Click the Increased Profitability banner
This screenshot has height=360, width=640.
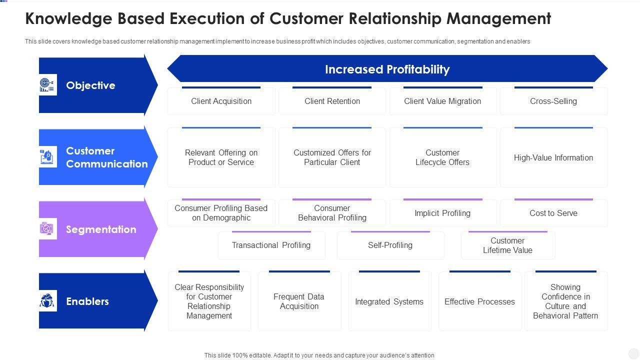[x=387, y=69]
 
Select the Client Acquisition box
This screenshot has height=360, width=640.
[x=221, y=101]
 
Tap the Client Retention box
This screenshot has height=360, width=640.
[x=332, y=101]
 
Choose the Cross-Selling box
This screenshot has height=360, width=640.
[x=553, y=101]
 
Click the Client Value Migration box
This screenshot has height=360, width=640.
[x=442, y=101]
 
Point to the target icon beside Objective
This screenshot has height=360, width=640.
[x=48, y=85]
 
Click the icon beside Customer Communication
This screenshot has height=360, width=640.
[x=48, y=157]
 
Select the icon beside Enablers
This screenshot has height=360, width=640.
[x=48, y=301]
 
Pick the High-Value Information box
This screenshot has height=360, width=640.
[x=553, y=157]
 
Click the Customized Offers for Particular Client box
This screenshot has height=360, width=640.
[x=332, y=157]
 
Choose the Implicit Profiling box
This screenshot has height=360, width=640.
[x=442, y=213]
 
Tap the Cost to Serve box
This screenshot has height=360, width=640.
[x=553, y=213]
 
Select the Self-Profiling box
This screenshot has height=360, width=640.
[x=390, y=245]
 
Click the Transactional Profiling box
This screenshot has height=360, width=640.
[x=271, y=245]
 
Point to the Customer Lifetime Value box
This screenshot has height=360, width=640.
[x=507, y=245]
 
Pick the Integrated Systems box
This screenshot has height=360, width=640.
[x=389, y=301]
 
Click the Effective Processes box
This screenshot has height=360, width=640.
[x=479, y=301]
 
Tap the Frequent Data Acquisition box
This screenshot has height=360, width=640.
[x=299, y=301]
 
